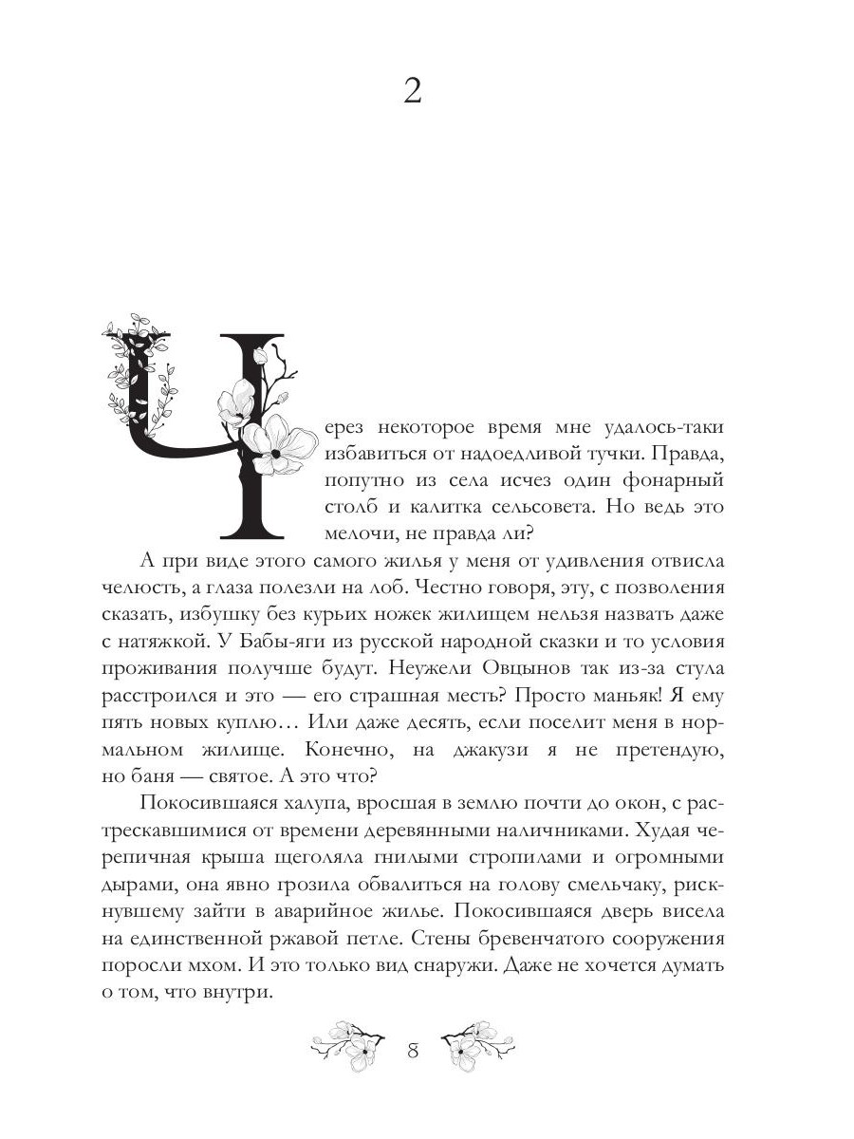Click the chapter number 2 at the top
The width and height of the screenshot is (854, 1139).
click(x=413, y=92)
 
